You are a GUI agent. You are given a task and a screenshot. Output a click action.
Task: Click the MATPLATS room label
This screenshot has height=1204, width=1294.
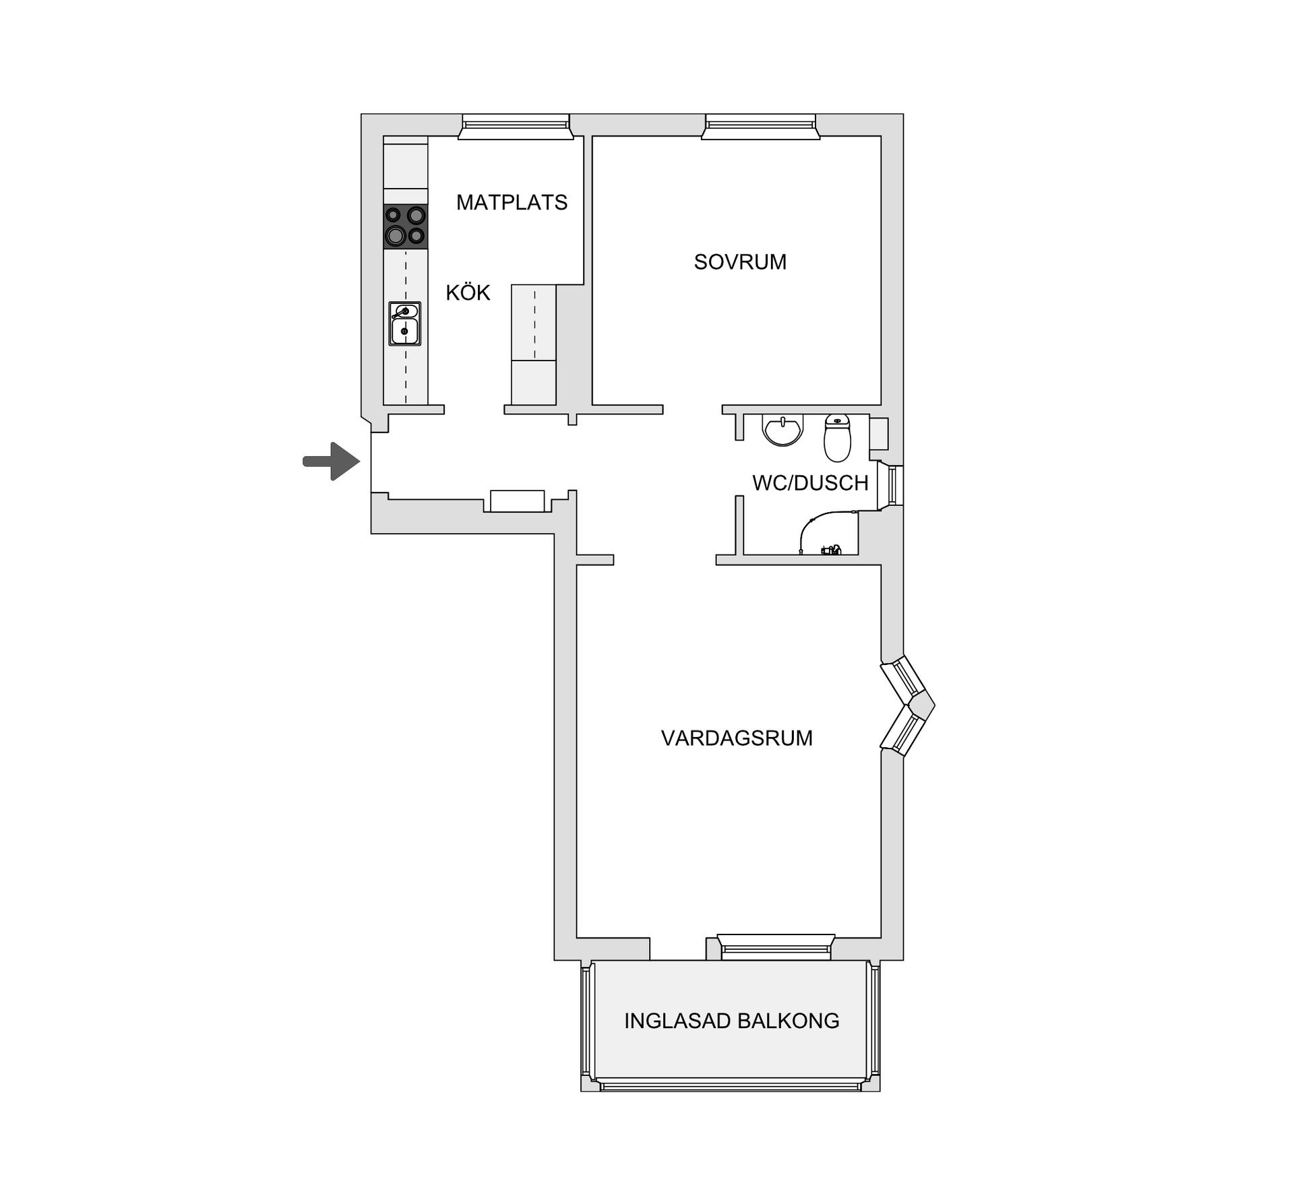click(512, 202)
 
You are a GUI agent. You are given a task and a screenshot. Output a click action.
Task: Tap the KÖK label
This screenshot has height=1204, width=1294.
click(468, 292)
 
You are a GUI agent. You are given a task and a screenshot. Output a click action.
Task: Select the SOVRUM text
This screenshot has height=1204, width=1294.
click(740, 261)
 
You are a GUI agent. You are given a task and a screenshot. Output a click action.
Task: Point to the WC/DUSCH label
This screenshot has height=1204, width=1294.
click(810, 482)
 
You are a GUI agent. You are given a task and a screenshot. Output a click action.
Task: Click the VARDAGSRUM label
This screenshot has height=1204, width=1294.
click(737, 738)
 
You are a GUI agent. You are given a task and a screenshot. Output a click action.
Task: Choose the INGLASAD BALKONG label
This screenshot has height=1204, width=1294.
click(731, 1021)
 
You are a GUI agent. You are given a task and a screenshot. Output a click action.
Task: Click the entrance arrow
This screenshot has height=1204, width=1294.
click(332, 462)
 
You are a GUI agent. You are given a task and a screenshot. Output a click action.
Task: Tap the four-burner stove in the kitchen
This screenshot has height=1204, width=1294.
click(405, 226)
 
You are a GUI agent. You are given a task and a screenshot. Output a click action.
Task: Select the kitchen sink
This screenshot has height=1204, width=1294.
click(404, 323)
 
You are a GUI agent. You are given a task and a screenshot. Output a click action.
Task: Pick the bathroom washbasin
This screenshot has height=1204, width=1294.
click(783, 430)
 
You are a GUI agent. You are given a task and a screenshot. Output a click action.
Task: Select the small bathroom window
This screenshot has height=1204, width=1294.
click(894, 485)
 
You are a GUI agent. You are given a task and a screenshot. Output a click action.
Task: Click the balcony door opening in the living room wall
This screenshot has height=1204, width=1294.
click(677, 949)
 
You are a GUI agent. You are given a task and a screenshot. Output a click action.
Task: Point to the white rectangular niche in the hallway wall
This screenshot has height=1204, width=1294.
click(517, 501)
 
